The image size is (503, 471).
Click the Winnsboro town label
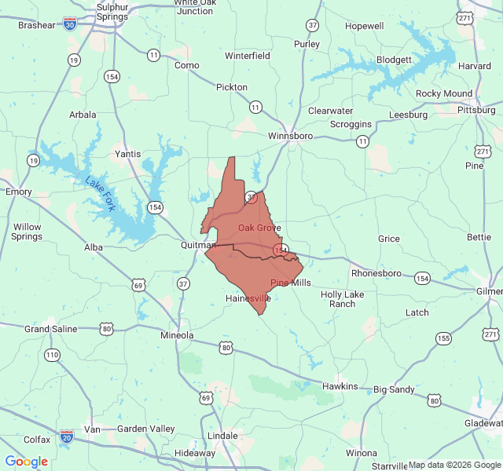click(x=290, y=136)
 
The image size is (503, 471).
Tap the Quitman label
click(x=197, y=245)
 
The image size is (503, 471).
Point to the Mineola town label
click(x=177, y=335)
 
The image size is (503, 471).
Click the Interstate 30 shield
click(x=71, y=24)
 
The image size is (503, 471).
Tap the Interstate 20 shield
click(x=67, y=434)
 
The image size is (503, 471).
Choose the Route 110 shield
click(x=52, y=355)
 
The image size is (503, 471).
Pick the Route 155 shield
click(x=443, y=338)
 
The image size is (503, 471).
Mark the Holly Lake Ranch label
click(x=343, y=299)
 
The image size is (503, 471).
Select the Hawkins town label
click(x=340, y=386)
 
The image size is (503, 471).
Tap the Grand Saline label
click(x=51, y=329)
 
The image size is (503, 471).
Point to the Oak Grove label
click(x=259, y=228)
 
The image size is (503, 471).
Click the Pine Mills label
click(x=291, y=283)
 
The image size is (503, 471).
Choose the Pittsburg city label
click(x=476, y=110)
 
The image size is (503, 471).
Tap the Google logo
click(x=26, y=462)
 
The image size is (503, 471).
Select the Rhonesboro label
click(x=376, y=273)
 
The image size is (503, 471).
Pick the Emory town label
click(x=19, y=192)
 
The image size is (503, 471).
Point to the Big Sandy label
click(x=395, y=389)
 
